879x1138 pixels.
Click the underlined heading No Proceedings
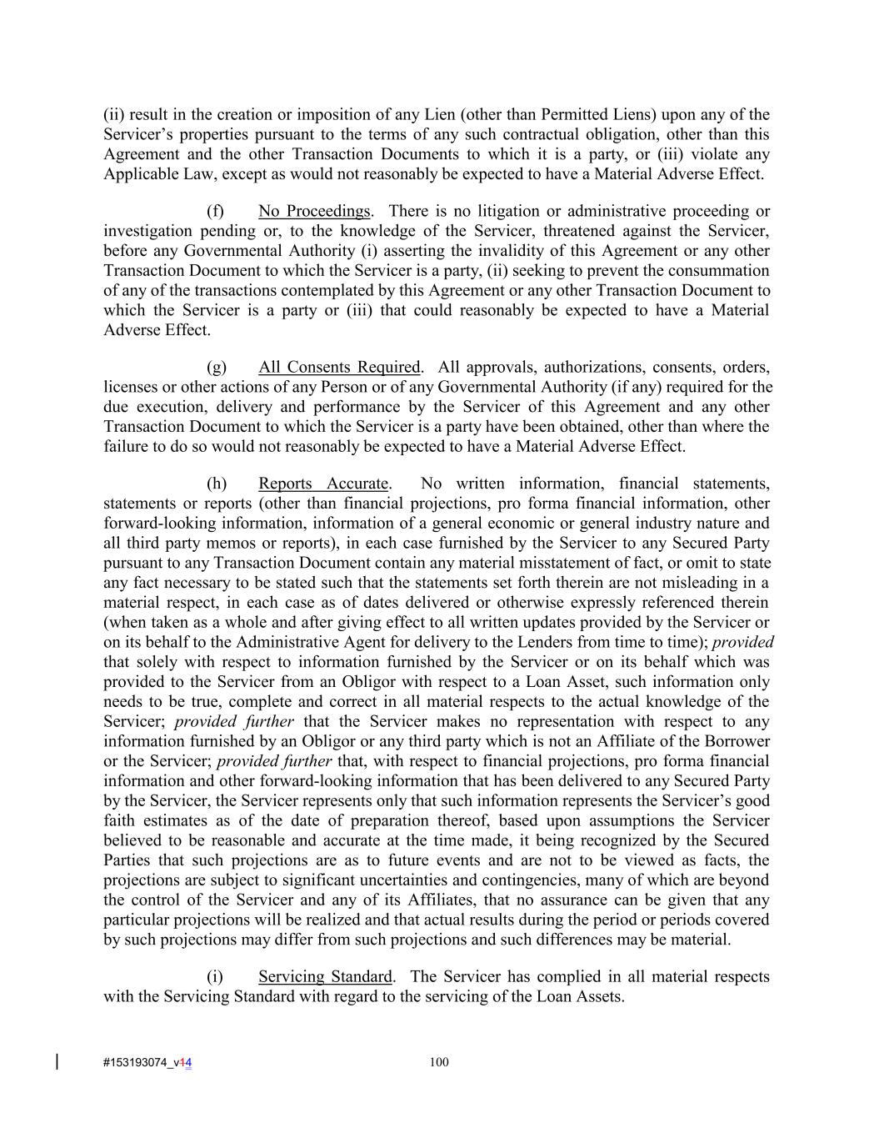[313, 211]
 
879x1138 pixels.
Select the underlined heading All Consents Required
[339, 367]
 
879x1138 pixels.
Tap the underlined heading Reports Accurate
[323, 484]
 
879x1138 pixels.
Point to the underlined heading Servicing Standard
[325, 976]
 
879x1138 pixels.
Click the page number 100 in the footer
[439, 1062]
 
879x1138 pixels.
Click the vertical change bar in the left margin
[57, 1061]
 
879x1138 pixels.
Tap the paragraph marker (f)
[216, 211]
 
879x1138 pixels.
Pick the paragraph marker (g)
[217, 367]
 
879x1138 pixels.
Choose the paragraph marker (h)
[217, 484]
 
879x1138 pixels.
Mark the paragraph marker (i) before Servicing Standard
[215, 976]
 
